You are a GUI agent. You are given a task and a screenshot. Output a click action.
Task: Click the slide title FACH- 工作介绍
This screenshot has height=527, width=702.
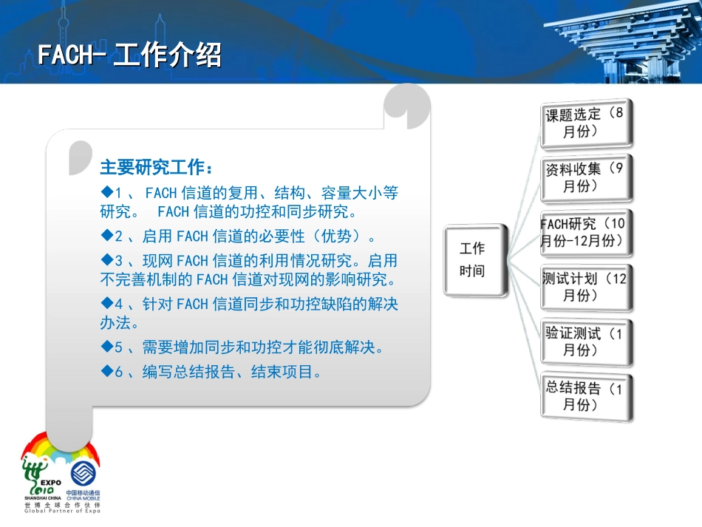(x=130, y=55)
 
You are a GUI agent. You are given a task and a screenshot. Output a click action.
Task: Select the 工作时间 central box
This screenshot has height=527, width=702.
(x=474, y=260)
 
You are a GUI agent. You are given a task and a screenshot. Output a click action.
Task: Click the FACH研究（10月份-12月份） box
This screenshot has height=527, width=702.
(x=585, y=232)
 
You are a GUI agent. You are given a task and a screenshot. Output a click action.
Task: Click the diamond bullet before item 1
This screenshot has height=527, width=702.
(x=105, y=193)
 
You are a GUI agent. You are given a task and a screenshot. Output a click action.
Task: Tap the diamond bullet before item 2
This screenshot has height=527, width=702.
(x=105, y=237)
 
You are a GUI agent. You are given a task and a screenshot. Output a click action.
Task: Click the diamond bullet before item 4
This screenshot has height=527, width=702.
(x=105, y=304)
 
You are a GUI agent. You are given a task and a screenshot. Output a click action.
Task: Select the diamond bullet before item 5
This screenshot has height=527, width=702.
(x=105, y=347)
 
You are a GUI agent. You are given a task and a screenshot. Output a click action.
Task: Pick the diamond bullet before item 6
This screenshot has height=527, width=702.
(x=105, y=372)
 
